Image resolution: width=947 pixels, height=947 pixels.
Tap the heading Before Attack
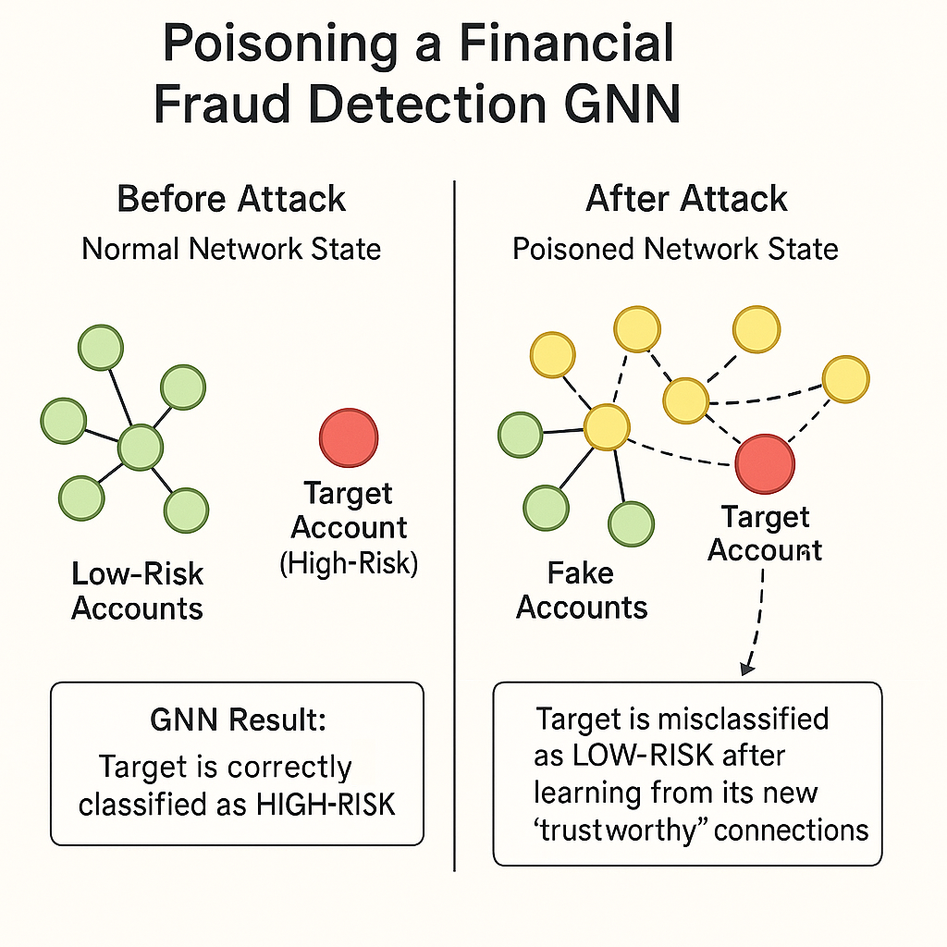231,199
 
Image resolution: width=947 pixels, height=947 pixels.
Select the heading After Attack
686,199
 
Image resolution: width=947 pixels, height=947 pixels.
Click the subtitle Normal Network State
231,249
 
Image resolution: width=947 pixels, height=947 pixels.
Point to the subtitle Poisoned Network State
675,249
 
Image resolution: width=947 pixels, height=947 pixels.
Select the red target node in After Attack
765,463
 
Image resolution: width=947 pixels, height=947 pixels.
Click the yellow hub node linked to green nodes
607,427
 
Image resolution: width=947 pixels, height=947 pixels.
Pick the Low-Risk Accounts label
137,590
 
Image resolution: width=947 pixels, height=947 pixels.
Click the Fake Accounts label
582,590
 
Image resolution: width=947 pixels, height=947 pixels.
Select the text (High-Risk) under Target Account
349,562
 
